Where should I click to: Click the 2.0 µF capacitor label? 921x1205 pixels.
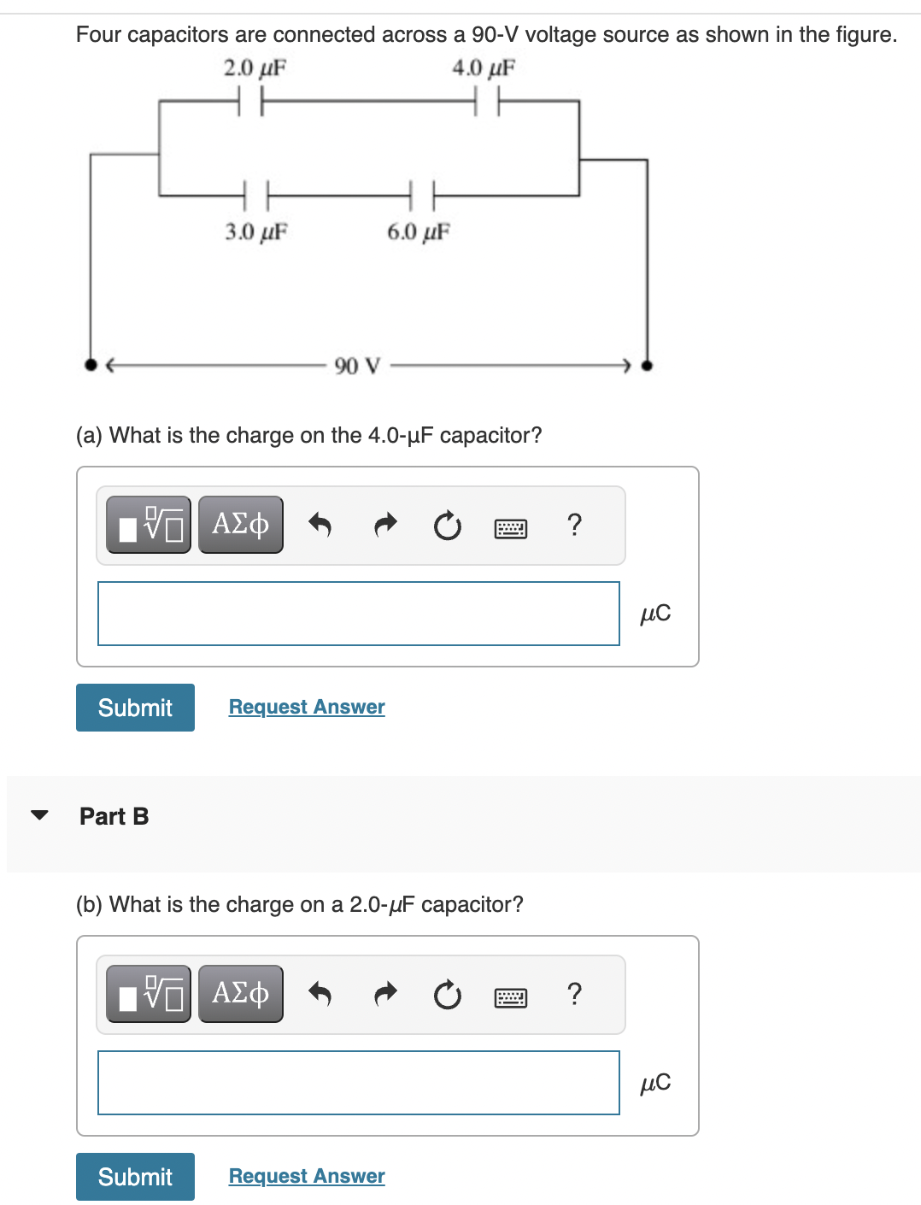click(x=255, y=68)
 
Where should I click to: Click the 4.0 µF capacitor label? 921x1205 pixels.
click(x=484, y=68)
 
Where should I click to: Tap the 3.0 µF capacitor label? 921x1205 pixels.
click(x=255, y=232)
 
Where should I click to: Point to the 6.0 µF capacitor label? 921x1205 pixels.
click(x=418, y=232)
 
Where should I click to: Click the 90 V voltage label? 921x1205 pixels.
click(x=357, y=366)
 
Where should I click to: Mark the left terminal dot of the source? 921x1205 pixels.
click(x=91, y=365)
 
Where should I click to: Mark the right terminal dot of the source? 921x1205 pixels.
click(x=647, y=365)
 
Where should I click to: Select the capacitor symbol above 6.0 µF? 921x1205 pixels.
click(x=422, y=196)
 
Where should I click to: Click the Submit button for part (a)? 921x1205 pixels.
click(x=135, y=708)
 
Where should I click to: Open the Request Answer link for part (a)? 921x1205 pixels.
click(x=307, y=707)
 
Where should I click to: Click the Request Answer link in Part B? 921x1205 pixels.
click(x=307, y=1176)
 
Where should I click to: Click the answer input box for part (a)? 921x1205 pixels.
click(x=358, y=614)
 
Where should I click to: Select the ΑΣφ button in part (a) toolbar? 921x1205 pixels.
click(x=241, y=524)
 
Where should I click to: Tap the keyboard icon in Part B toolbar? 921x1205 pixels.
click(x=511, y=996)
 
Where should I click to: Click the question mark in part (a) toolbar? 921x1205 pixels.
click(x=574, y=524)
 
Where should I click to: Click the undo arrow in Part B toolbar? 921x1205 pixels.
click(x=319, y=993)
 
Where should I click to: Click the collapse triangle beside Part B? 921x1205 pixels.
click(x=39, y=815)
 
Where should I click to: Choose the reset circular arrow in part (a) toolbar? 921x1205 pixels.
click(x=447, y=526)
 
